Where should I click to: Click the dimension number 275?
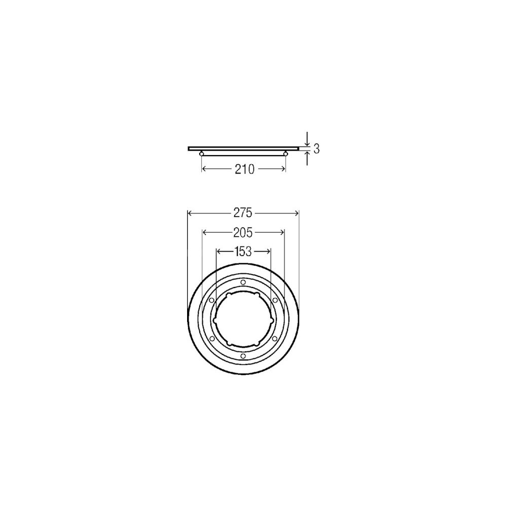243,213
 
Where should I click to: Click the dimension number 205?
243,232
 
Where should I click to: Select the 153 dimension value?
243,251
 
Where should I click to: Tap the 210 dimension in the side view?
245,169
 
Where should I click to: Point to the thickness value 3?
316,149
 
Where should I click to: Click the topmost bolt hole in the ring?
243,282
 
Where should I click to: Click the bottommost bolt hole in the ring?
243,356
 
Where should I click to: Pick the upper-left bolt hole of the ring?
211,300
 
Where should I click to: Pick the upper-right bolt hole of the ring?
275,300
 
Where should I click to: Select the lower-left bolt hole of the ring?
212,338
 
